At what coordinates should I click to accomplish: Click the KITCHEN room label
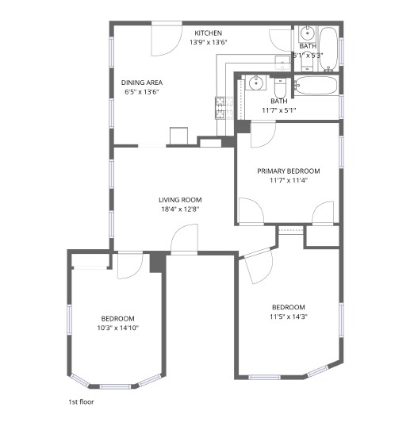tap(208, 33)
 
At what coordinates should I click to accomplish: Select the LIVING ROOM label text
tap(179, 199)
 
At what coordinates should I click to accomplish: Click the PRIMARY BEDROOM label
tap(288, 171)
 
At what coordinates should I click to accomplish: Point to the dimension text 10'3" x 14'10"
tap(117, 328)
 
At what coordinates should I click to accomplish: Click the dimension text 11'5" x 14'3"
tap(289, 317)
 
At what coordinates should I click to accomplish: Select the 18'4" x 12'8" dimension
tap(179, 209)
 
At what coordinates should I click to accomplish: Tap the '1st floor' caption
tap(82, 402)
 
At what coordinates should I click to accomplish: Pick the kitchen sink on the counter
tap(282, 63)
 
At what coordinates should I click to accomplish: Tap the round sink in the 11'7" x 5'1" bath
tap(255, 82)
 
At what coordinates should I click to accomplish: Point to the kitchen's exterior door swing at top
tap(167, 40)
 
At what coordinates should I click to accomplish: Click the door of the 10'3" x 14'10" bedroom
tap(128, 266)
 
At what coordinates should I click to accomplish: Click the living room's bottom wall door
tap(184, 239)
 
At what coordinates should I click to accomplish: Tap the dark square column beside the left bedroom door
tap(157, 263)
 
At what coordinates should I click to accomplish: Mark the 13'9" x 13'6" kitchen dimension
tap(208, 42)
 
